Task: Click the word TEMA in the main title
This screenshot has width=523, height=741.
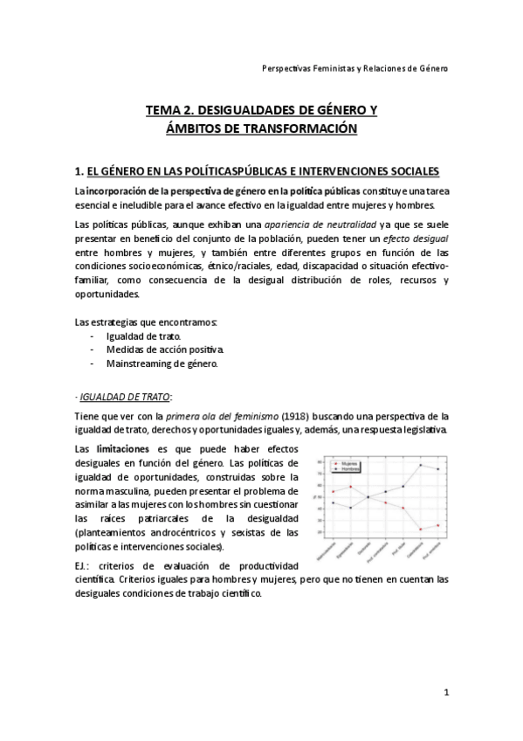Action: [x=162, y=111]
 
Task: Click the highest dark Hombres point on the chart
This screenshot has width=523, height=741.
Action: [x=421, y=466]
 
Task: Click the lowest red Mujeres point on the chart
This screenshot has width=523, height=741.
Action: [x=421, y=530]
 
